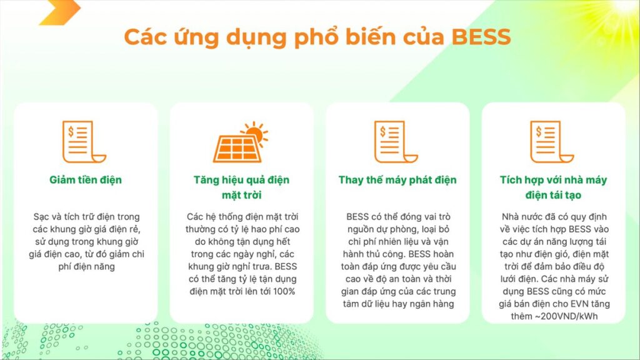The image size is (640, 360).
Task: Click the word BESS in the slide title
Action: coord(481,37)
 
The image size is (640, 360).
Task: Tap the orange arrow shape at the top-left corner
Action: coord(61,12)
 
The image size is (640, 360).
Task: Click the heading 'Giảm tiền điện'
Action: coord(86,179)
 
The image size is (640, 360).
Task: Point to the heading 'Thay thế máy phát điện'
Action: coord(397,179)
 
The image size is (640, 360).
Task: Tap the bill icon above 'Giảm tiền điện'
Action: coord(84,142)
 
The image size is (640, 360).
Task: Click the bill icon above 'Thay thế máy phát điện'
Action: coord(396,142)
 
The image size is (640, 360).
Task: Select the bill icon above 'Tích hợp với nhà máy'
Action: coord(552,142)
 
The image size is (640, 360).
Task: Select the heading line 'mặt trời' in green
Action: coord(242,195)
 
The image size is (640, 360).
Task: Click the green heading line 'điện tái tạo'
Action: coord(553,195)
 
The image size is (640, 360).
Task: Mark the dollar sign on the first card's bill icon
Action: coord(71,131)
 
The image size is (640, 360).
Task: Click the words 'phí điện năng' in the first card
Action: coord(86,266)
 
